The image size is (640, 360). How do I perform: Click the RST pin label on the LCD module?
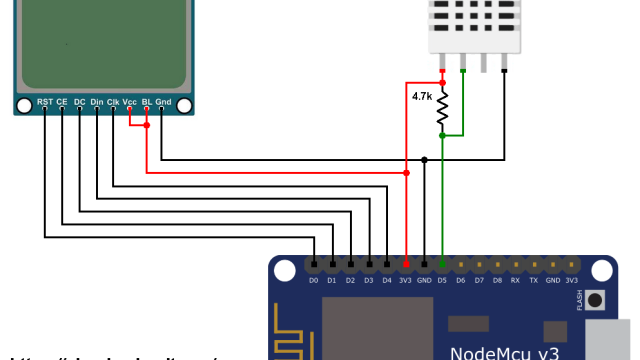[45, 102]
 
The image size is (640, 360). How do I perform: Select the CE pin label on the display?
[62, 102]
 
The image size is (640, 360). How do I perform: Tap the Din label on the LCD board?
[96, 102]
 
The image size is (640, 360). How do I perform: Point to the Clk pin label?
[113, 102]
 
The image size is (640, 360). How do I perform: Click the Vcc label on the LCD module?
[130, 102]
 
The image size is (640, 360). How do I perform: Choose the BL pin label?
[147, 102]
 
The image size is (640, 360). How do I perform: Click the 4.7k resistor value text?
[422, 97]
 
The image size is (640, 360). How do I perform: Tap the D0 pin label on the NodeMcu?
[313, 281]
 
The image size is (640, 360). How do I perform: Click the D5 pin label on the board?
[442, 281]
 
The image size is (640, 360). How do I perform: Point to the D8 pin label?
[497, 281]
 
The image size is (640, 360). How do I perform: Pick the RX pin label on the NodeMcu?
[515, 281]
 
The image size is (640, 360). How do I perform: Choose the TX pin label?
[534, 281]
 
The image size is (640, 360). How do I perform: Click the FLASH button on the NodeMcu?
[597, 299]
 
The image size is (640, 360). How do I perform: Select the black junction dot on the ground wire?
[424, 159]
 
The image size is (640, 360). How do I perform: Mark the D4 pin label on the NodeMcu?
[387, 281]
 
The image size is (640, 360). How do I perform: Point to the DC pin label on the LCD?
[79, 102]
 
